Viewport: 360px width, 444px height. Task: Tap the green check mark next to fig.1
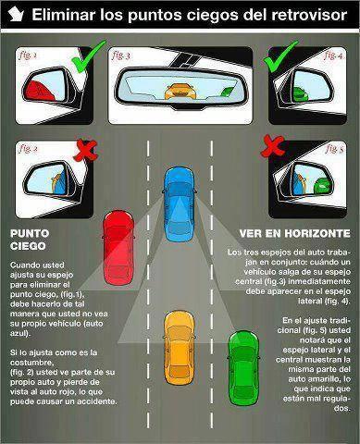(84, 63)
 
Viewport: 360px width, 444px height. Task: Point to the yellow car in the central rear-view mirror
(180, 92)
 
